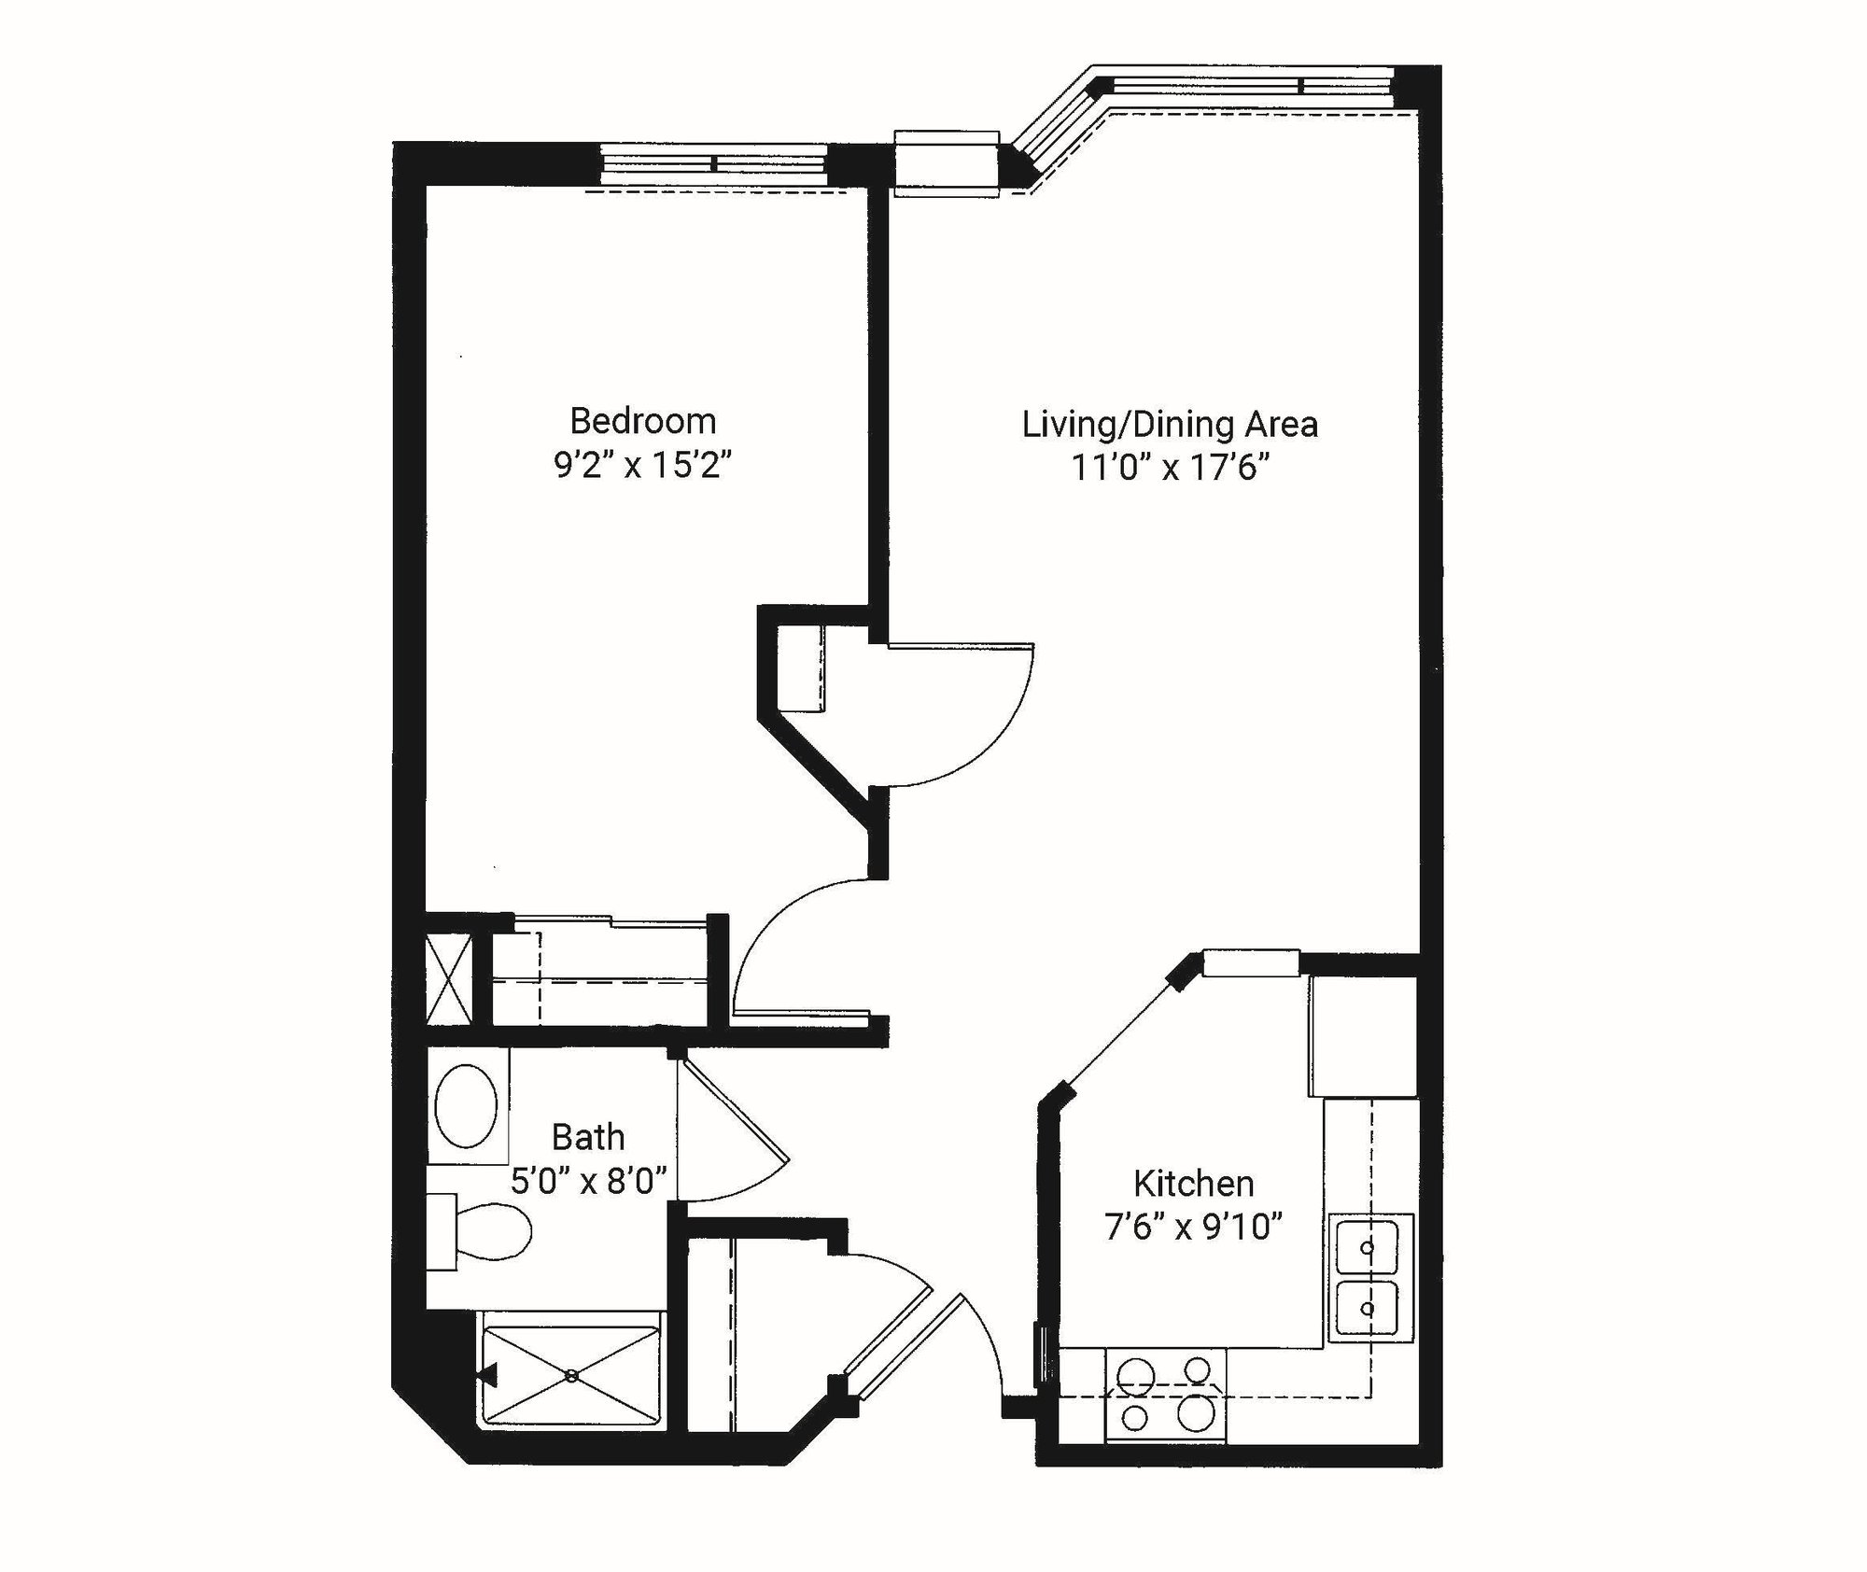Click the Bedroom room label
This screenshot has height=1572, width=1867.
point(642,421)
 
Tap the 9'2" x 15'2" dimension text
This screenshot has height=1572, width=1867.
point(642,465)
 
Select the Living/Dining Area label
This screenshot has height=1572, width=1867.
point(1169,425)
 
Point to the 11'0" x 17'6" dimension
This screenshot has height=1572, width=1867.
point(1171,468)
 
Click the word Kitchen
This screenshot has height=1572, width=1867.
point(1193,1184)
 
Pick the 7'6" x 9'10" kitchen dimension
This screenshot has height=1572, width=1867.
point(1193,1228)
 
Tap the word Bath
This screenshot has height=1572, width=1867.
point(587,1137)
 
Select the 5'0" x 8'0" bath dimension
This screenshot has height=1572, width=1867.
point(587,1182)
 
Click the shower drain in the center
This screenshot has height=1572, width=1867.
point(571,1374)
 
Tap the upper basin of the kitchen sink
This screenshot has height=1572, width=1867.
point(1367,1247)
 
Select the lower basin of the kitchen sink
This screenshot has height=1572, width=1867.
point(1367,1309)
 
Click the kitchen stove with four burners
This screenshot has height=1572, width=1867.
point(1165,1395)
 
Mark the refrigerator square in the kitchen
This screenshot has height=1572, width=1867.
point(1363,1036)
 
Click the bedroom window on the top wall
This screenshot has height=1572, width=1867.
point(713,165)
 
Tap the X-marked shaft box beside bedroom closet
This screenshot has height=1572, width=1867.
point(448,979)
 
